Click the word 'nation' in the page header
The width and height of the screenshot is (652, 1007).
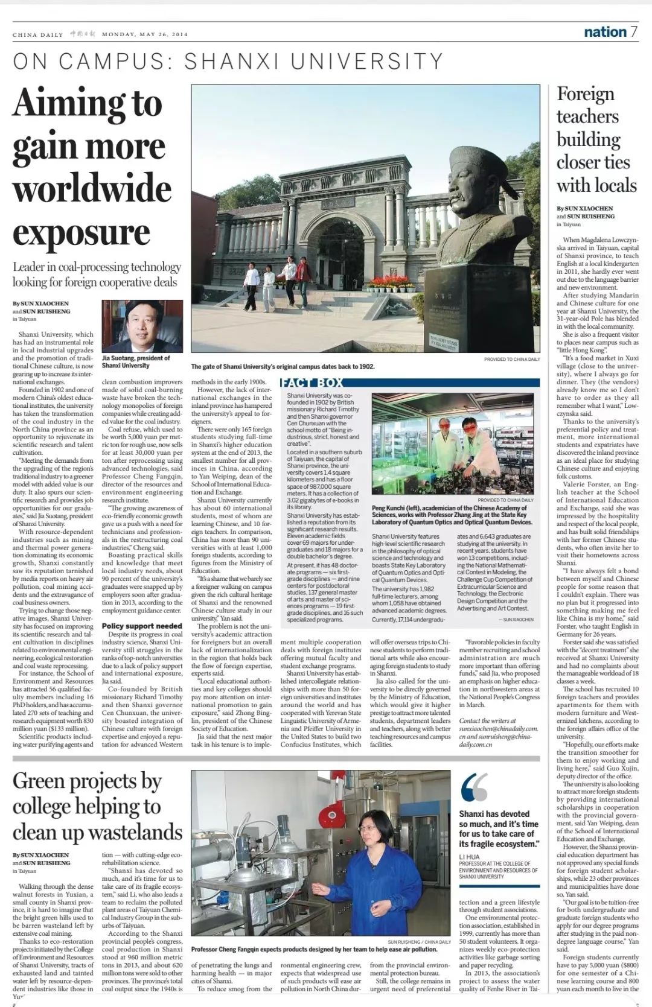pyautogui.click(x=605, y=32)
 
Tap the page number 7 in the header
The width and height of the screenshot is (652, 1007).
pyautogui.click(x=633, y=32)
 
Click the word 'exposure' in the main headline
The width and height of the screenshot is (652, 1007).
pyautogui.click(x=81, y=233)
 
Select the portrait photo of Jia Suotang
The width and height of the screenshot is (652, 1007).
pyautogui.click(x=142, y=326)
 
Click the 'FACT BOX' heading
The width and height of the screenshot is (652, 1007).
pyautogui.click(x=312, y=383)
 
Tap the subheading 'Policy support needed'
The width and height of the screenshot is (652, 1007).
pyautogui.click(x=142, y=626)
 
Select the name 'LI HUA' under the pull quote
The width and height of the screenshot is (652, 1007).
pyautogui.click(x=469, y=857)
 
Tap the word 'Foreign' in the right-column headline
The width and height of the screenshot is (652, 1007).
pyautogui.click(x=585, y=94)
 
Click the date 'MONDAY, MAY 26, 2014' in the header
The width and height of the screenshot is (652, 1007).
pyautogui.click(x=145, y=34)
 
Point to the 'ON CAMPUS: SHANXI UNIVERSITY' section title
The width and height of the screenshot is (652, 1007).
pyautogui.click(x=228, y=62)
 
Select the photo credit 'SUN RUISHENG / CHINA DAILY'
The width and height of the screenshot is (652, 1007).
pyautogui.click(x=419, y=941)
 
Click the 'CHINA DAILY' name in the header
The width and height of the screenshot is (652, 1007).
pyautogui.click(x=37, y=34)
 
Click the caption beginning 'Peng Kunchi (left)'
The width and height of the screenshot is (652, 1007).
pyautogui.click(x=452, y=515)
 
